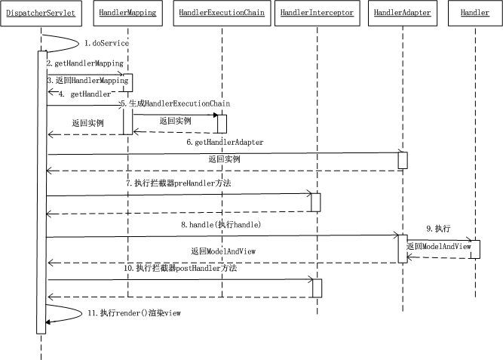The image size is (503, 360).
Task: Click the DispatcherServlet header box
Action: click(39, 13)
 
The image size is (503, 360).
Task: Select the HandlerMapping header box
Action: click(127, 13)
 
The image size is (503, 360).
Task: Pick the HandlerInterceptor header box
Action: click(316, 13)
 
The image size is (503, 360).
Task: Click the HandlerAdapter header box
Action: click(403, 13)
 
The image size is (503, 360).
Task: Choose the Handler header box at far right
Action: click(475, 13)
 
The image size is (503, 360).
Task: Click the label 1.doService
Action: click(106, 44)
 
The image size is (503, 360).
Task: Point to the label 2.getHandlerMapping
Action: click(84, 64)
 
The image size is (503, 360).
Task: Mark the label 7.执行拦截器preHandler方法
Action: click(178, 183)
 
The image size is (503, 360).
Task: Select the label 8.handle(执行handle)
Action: click(221, 224)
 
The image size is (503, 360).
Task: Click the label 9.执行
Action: click(437, 228)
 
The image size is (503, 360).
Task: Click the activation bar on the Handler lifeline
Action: click(475, 250)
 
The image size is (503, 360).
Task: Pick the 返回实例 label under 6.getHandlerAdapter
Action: click(224, 159)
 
